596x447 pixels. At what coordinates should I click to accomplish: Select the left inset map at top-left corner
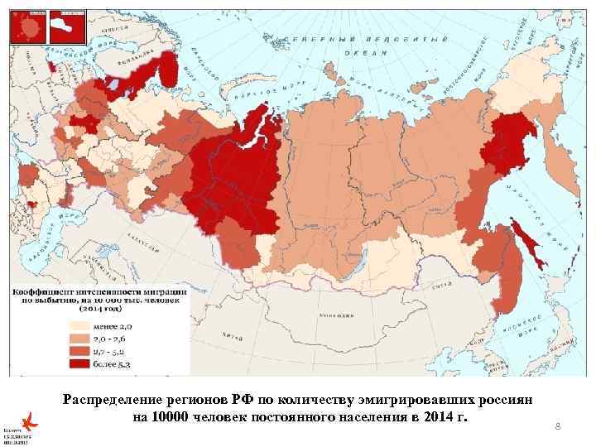(x=27, y=27)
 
